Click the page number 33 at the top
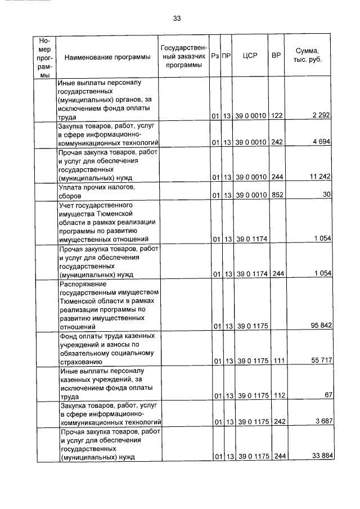[177, 19]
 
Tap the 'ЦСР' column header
[249, 56]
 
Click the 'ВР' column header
[276, 56]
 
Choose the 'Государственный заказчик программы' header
[184, 56]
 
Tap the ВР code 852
[276, 195]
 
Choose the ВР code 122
[276, 116]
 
